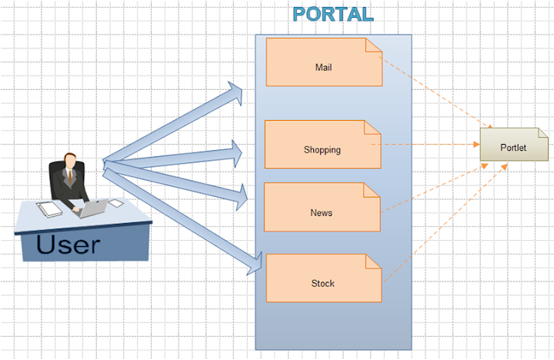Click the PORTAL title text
[332, 15]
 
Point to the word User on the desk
[68, 245]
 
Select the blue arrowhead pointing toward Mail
[234, 93]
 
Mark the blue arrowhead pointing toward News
[238, 198]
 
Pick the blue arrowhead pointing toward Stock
[253, 265]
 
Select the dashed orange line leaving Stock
[442, 222]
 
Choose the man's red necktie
[69, 178]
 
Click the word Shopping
[322, 150]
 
